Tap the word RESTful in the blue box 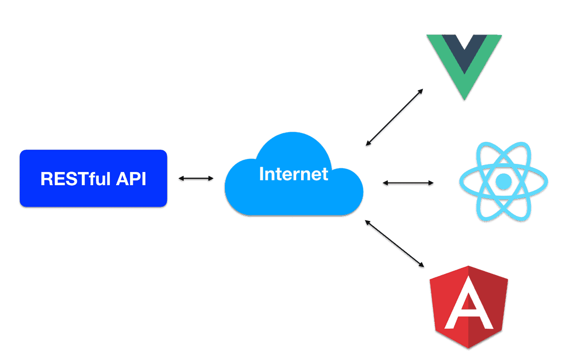coord(75,179)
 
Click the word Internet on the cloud coord(293,174)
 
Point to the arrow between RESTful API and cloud coord(196,178)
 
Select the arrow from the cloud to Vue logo coord(394,116)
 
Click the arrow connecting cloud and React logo coord(407,182)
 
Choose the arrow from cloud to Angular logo coord(394,243)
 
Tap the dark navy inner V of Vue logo coord(464,49)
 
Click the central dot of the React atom coord(503,181)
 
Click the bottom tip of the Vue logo coord(464,99)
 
